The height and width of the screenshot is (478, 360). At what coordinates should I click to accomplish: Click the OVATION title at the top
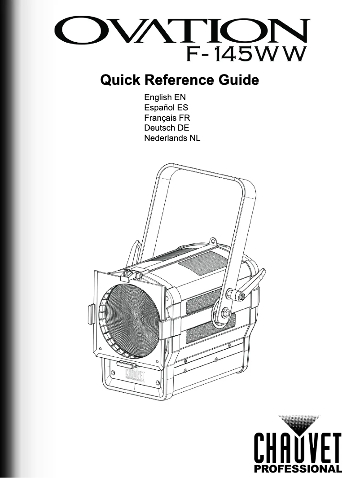point(182,31)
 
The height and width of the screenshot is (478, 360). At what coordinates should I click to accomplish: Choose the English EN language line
point(165,97)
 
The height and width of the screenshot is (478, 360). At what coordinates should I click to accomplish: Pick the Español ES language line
point(166,107)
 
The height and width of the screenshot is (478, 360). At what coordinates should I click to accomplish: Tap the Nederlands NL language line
point(172,138)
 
